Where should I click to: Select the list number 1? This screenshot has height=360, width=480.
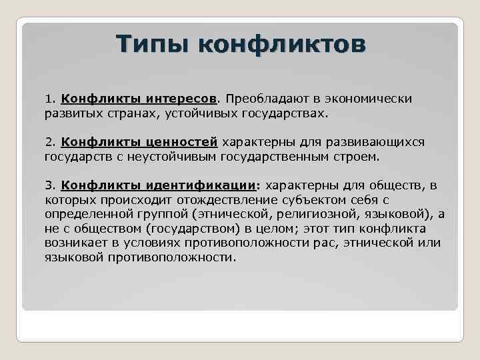[49, 99]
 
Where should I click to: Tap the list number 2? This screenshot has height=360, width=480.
[49, 142]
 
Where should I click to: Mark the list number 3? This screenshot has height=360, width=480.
[49, 185]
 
